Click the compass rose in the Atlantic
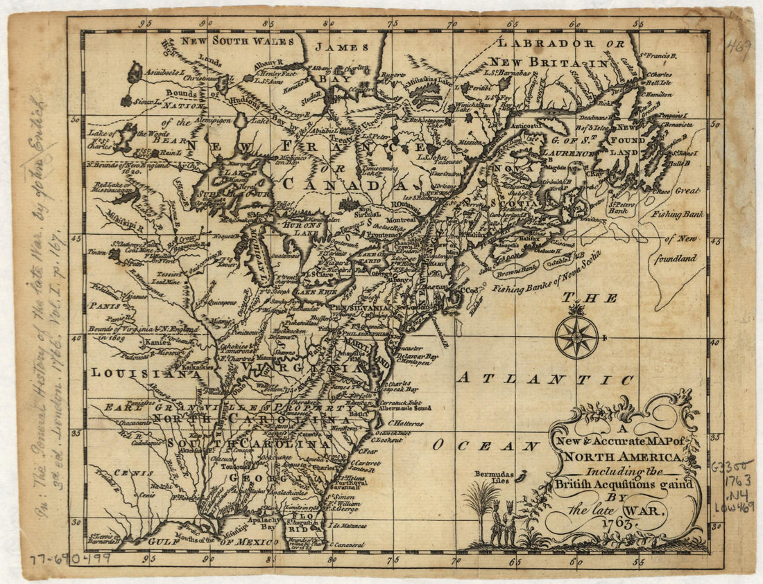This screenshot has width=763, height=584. click(576, 337)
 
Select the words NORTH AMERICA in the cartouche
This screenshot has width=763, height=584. click(622, 457)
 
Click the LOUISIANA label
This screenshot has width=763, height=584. click(141, 373)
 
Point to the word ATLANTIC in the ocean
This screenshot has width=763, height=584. click(545, 378)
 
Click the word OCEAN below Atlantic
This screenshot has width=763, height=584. click(486, 445)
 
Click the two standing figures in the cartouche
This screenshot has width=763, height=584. click(504, 523)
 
